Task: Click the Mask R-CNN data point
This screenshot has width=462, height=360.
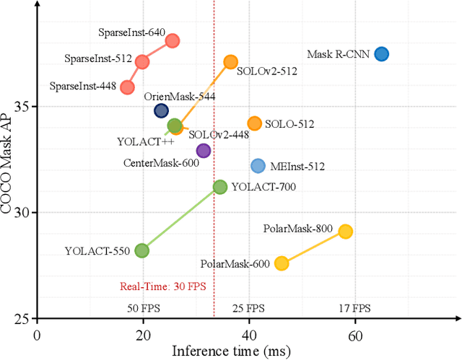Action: tap(381, 54)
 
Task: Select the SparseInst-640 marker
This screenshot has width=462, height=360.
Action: tap(173, 40)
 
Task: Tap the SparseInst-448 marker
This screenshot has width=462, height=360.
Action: tap(127, 87)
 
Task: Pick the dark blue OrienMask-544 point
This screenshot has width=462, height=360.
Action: tap(161, 110)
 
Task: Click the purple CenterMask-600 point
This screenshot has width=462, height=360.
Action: tap(204, 151)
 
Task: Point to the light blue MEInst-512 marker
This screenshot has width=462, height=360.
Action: tap(258, 166)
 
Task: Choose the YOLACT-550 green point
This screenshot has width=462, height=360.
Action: tap(141, 250)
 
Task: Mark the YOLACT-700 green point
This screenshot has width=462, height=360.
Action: tap(220, 187)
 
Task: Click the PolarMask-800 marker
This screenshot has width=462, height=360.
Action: tap(345, 231)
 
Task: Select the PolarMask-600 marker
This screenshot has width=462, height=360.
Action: tap(282, 263)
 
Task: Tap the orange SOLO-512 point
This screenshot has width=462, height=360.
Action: tap(254, 124)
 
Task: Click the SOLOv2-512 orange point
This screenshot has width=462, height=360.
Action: tap(230, 62)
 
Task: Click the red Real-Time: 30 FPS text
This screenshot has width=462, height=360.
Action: tap(162, 286)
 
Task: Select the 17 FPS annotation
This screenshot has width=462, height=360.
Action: tap(354, 308)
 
